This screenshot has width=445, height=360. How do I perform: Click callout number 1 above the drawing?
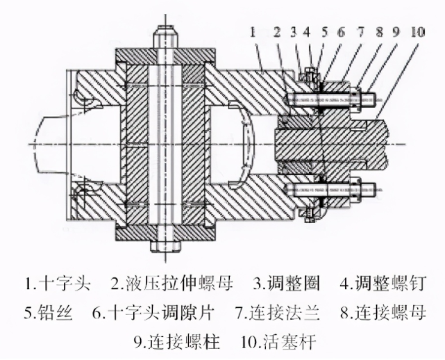254,32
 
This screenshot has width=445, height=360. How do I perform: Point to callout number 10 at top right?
419,32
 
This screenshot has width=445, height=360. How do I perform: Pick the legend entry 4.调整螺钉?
382,284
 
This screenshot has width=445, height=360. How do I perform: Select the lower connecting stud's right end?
376,187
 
